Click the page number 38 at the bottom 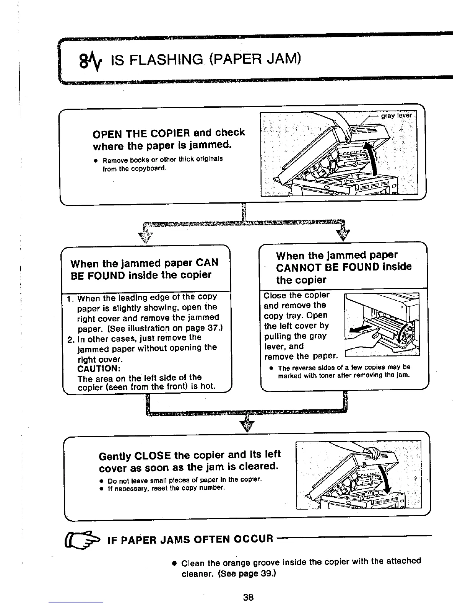[248, 597]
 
